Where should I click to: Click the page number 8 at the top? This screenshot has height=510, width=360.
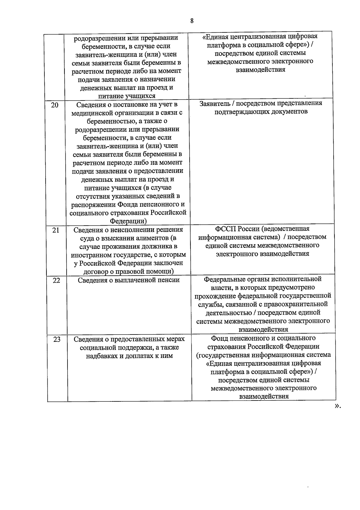192,21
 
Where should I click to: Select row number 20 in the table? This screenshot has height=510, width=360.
55,105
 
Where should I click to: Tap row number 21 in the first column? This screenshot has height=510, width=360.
55,230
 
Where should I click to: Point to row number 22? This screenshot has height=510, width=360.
56,280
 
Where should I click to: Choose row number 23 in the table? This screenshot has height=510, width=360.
57,339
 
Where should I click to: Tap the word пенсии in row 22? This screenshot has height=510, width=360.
169,280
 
